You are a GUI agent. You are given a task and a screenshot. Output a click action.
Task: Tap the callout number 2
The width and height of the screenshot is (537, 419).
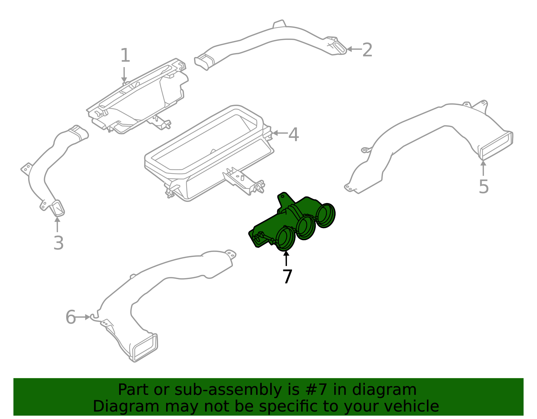coord(367,50)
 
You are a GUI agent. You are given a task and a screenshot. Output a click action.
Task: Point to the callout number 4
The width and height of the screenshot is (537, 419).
coord(294,135)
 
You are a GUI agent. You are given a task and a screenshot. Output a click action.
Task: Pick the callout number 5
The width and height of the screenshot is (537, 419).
coord(484,187)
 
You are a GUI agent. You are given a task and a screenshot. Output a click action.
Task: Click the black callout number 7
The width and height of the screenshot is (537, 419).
coord(287,276)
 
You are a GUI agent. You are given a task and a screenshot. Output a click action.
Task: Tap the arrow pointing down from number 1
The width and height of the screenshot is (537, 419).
coord(124,74)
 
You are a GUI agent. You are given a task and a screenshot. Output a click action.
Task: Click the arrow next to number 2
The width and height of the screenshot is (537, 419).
coord(354,49)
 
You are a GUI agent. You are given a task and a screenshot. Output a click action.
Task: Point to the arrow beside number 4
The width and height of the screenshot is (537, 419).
coord(280,133)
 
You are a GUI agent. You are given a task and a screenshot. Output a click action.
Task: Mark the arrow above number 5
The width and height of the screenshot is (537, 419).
coord(483,168)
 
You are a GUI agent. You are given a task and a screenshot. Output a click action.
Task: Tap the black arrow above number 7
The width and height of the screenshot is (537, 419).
coord(286,258)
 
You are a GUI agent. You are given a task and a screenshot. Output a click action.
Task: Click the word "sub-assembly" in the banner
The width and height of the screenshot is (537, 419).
coord(228,389)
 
